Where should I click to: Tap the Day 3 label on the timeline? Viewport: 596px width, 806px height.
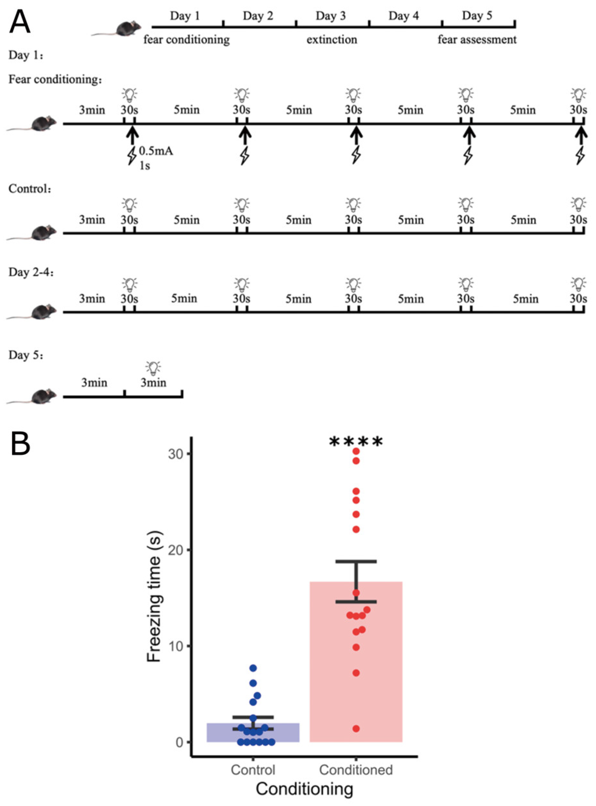click(331, 16)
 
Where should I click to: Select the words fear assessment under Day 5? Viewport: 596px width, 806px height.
click(477, 39)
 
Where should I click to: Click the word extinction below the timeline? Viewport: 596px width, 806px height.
click(332, 39)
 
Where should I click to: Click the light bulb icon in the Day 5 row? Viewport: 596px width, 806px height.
click(153, 368)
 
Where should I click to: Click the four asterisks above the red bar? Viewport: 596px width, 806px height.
click(356, 442)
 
